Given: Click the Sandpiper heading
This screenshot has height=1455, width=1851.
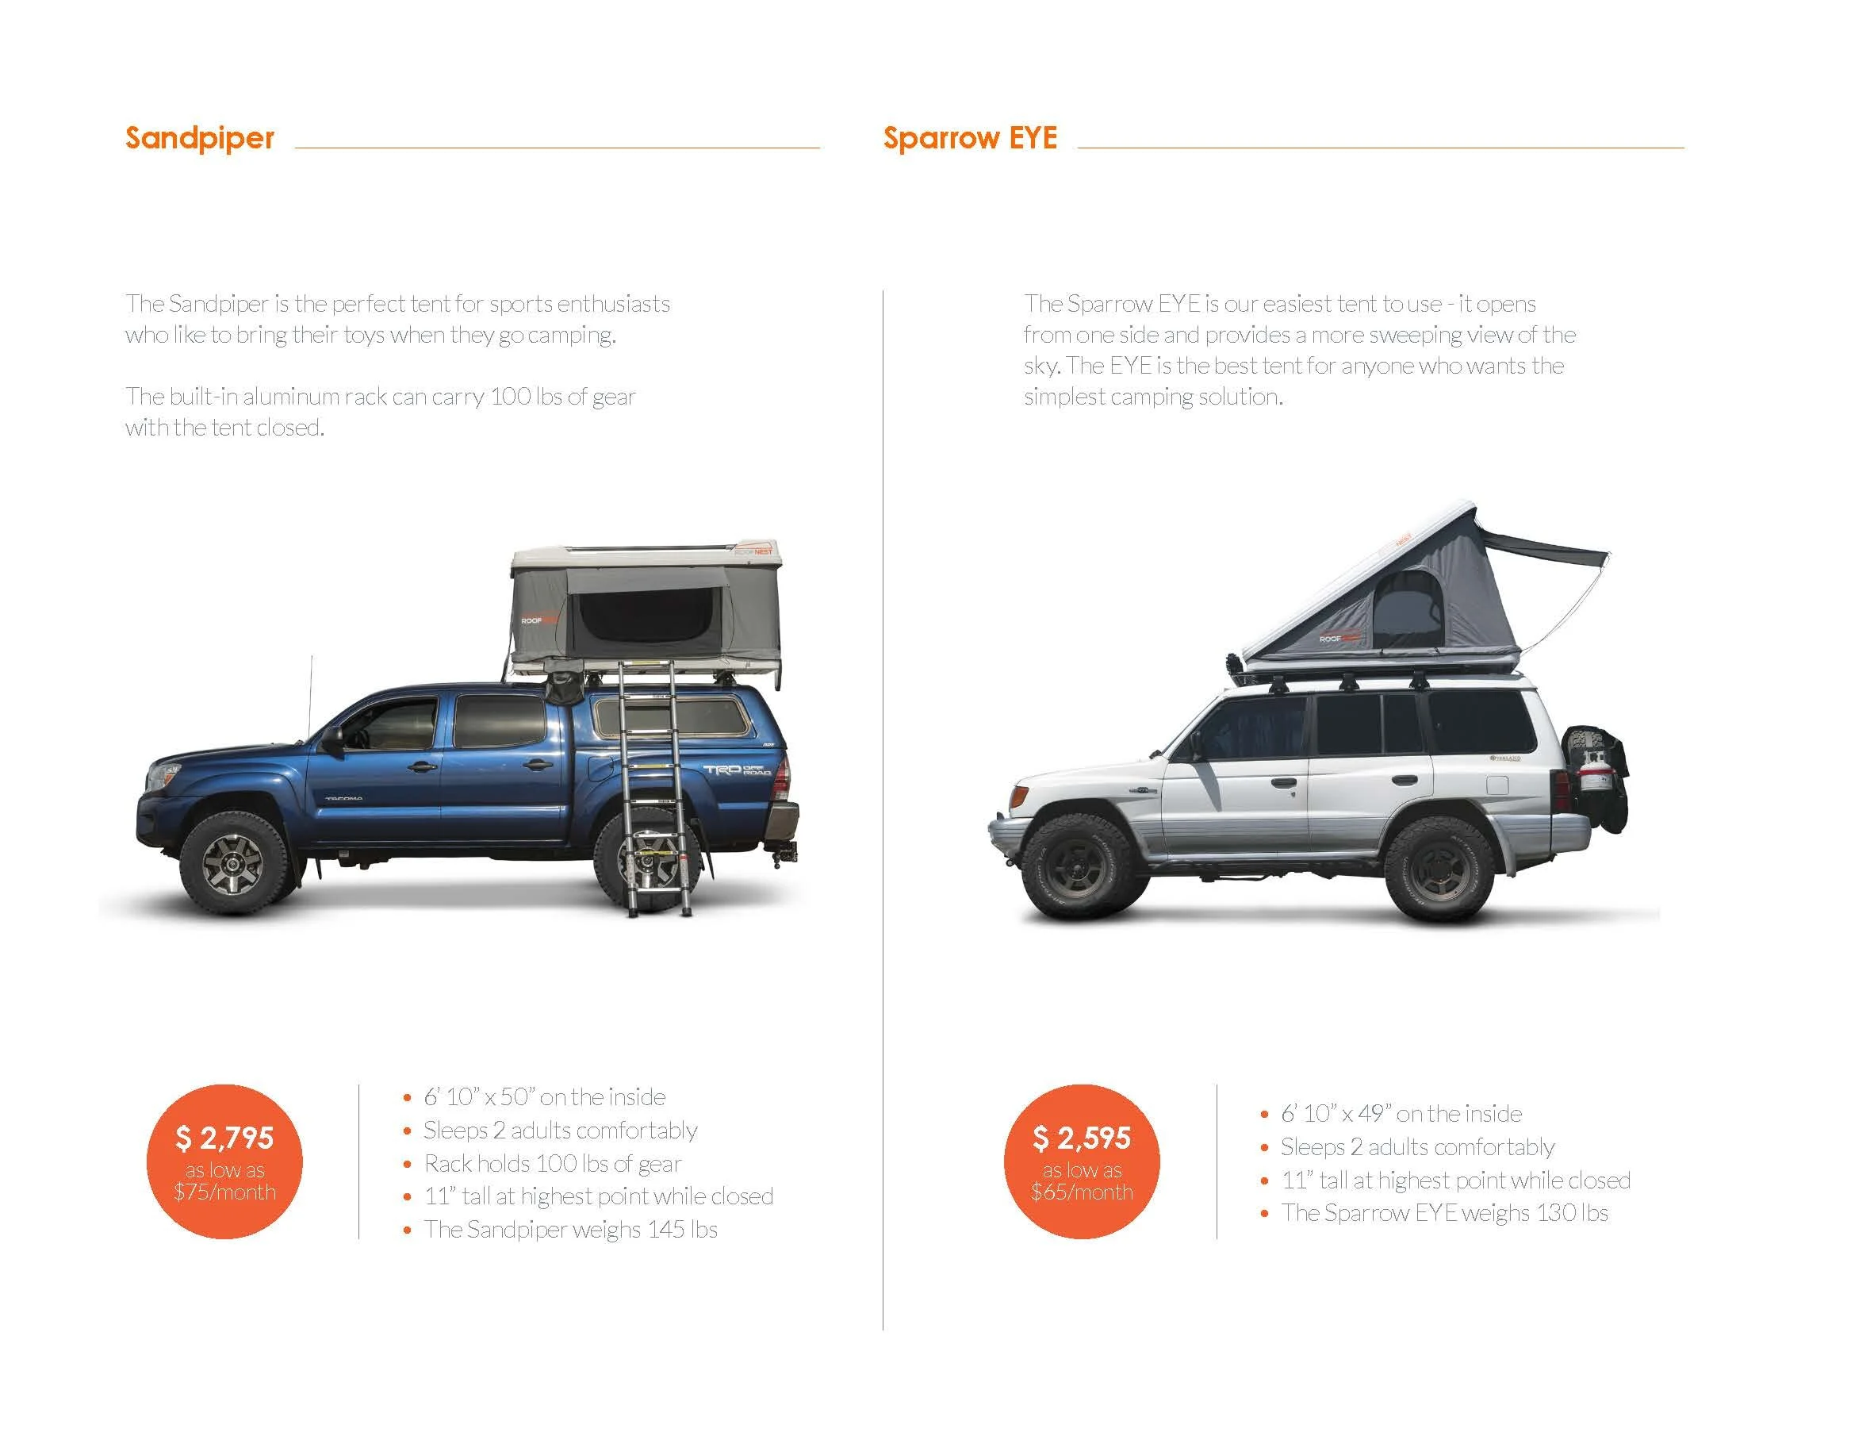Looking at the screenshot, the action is [x=199, y=138].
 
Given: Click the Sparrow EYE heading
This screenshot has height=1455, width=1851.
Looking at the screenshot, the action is [x=970, y=138].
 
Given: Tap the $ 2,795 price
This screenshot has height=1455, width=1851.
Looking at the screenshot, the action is [x=224, y=1138].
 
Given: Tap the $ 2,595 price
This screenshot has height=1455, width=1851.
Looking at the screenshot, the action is [x=1081, y=1138].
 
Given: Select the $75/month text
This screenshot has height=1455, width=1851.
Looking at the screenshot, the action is [x=224, y=1192].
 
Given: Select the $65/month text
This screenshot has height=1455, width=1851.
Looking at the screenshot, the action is [x=1081, y=1192].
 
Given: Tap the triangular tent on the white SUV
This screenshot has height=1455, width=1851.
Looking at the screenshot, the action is [x=1397, y=605].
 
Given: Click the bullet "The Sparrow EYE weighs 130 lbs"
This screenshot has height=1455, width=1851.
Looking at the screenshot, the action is [x=1444, y=1213].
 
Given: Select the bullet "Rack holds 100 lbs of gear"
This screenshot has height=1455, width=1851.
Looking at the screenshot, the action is [x=553, y=1164].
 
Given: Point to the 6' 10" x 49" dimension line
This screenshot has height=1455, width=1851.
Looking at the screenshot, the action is [x=1401, y=1114].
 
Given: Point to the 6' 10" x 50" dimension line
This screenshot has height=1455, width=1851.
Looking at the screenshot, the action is [x=544, y=1097].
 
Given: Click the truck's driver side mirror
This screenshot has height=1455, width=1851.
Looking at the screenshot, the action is [x=332, y=738].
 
